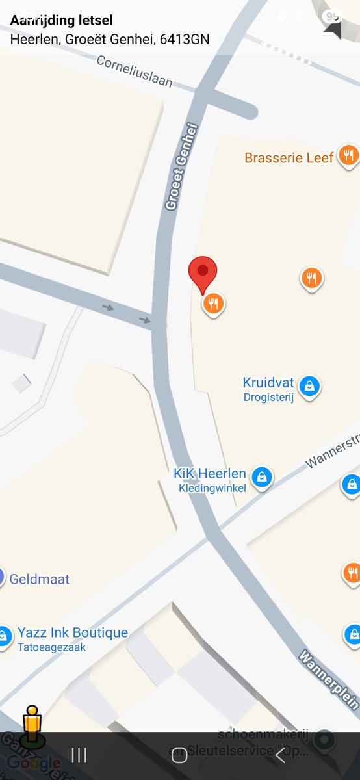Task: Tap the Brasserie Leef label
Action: (x=289, y=157)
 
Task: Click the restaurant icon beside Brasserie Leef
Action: (x=349, y=156)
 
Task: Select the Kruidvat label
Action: (x=268, y=382)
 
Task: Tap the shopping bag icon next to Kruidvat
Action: (x=311, y=386)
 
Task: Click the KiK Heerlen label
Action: (x=210, y=473)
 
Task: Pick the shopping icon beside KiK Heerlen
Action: (x=262, y=476)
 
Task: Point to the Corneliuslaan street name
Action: (x=135, y=71)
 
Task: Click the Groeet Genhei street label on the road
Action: (x=181, y=167)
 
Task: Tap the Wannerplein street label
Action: (x=329, y=679)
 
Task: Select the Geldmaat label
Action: (x=39, y=579)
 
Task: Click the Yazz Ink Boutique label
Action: (x=72, y=632)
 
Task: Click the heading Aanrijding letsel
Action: (x=61, y=21)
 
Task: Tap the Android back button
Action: (x=280, y=755)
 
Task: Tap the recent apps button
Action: (x=79, y=755)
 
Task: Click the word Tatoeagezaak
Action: (x=51, y=647)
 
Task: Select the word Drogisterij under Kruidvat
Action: (x=268, y=398)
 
